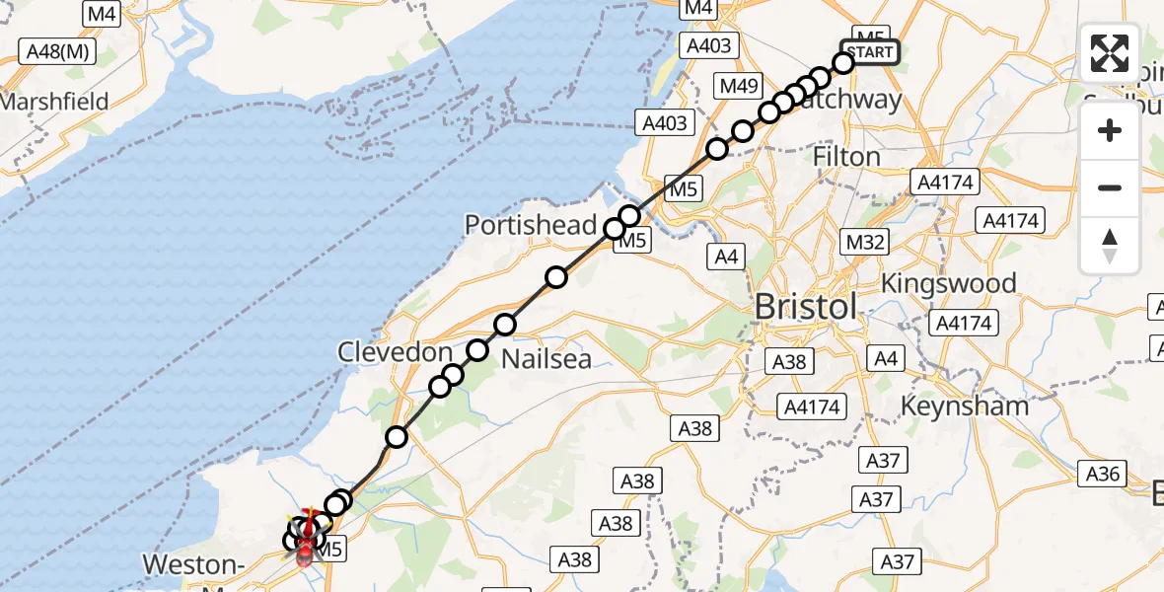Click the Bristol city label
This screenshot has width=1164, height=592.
(x=806, y=307)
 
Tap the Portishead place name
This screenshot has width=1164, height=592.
(x=531, y=224)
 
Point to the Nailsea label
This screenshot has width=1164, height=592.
(x=546, y=358)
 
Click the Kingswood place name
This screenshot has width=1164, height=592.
(x=948, y=284)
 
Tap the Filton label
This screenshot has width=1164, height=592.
(x=845, y=157)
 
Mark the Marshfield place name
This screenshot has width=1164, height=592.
(x=53, y=102)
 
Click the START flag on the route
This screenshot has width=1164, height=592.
(x=869, y=52)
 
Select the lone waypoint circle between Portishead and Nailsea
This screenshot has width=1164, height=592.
(x=556, y=277)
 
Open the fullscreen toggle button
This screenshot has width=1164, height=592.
(x=1110, y=53)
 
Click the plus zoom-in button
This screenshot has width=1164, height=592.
(x=1110, y=130)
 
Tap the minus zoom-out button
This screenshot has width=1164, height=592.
(x=1110, y=187)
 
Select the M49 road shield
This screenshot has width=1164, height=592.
(x=739, y=86)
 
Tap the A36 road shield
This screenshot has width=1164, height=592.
(x=1102, y=475)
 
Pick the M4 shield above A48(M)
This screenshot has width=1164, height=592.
(x=102, y=14)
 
